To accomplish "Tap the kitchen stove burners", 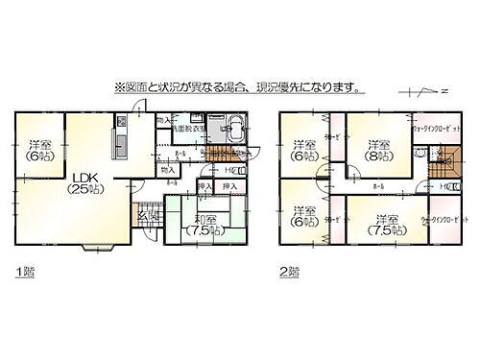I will pos(121,122).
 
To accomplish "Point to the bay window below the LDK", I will pos(97,248).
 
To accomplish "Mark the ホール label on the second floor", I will pos(377,185).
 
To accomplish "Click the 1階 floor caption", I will pos(24,272).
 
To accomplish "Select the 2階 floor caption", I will pos(289,272).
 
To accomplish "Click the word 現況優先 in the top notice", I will pos(289,88).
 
